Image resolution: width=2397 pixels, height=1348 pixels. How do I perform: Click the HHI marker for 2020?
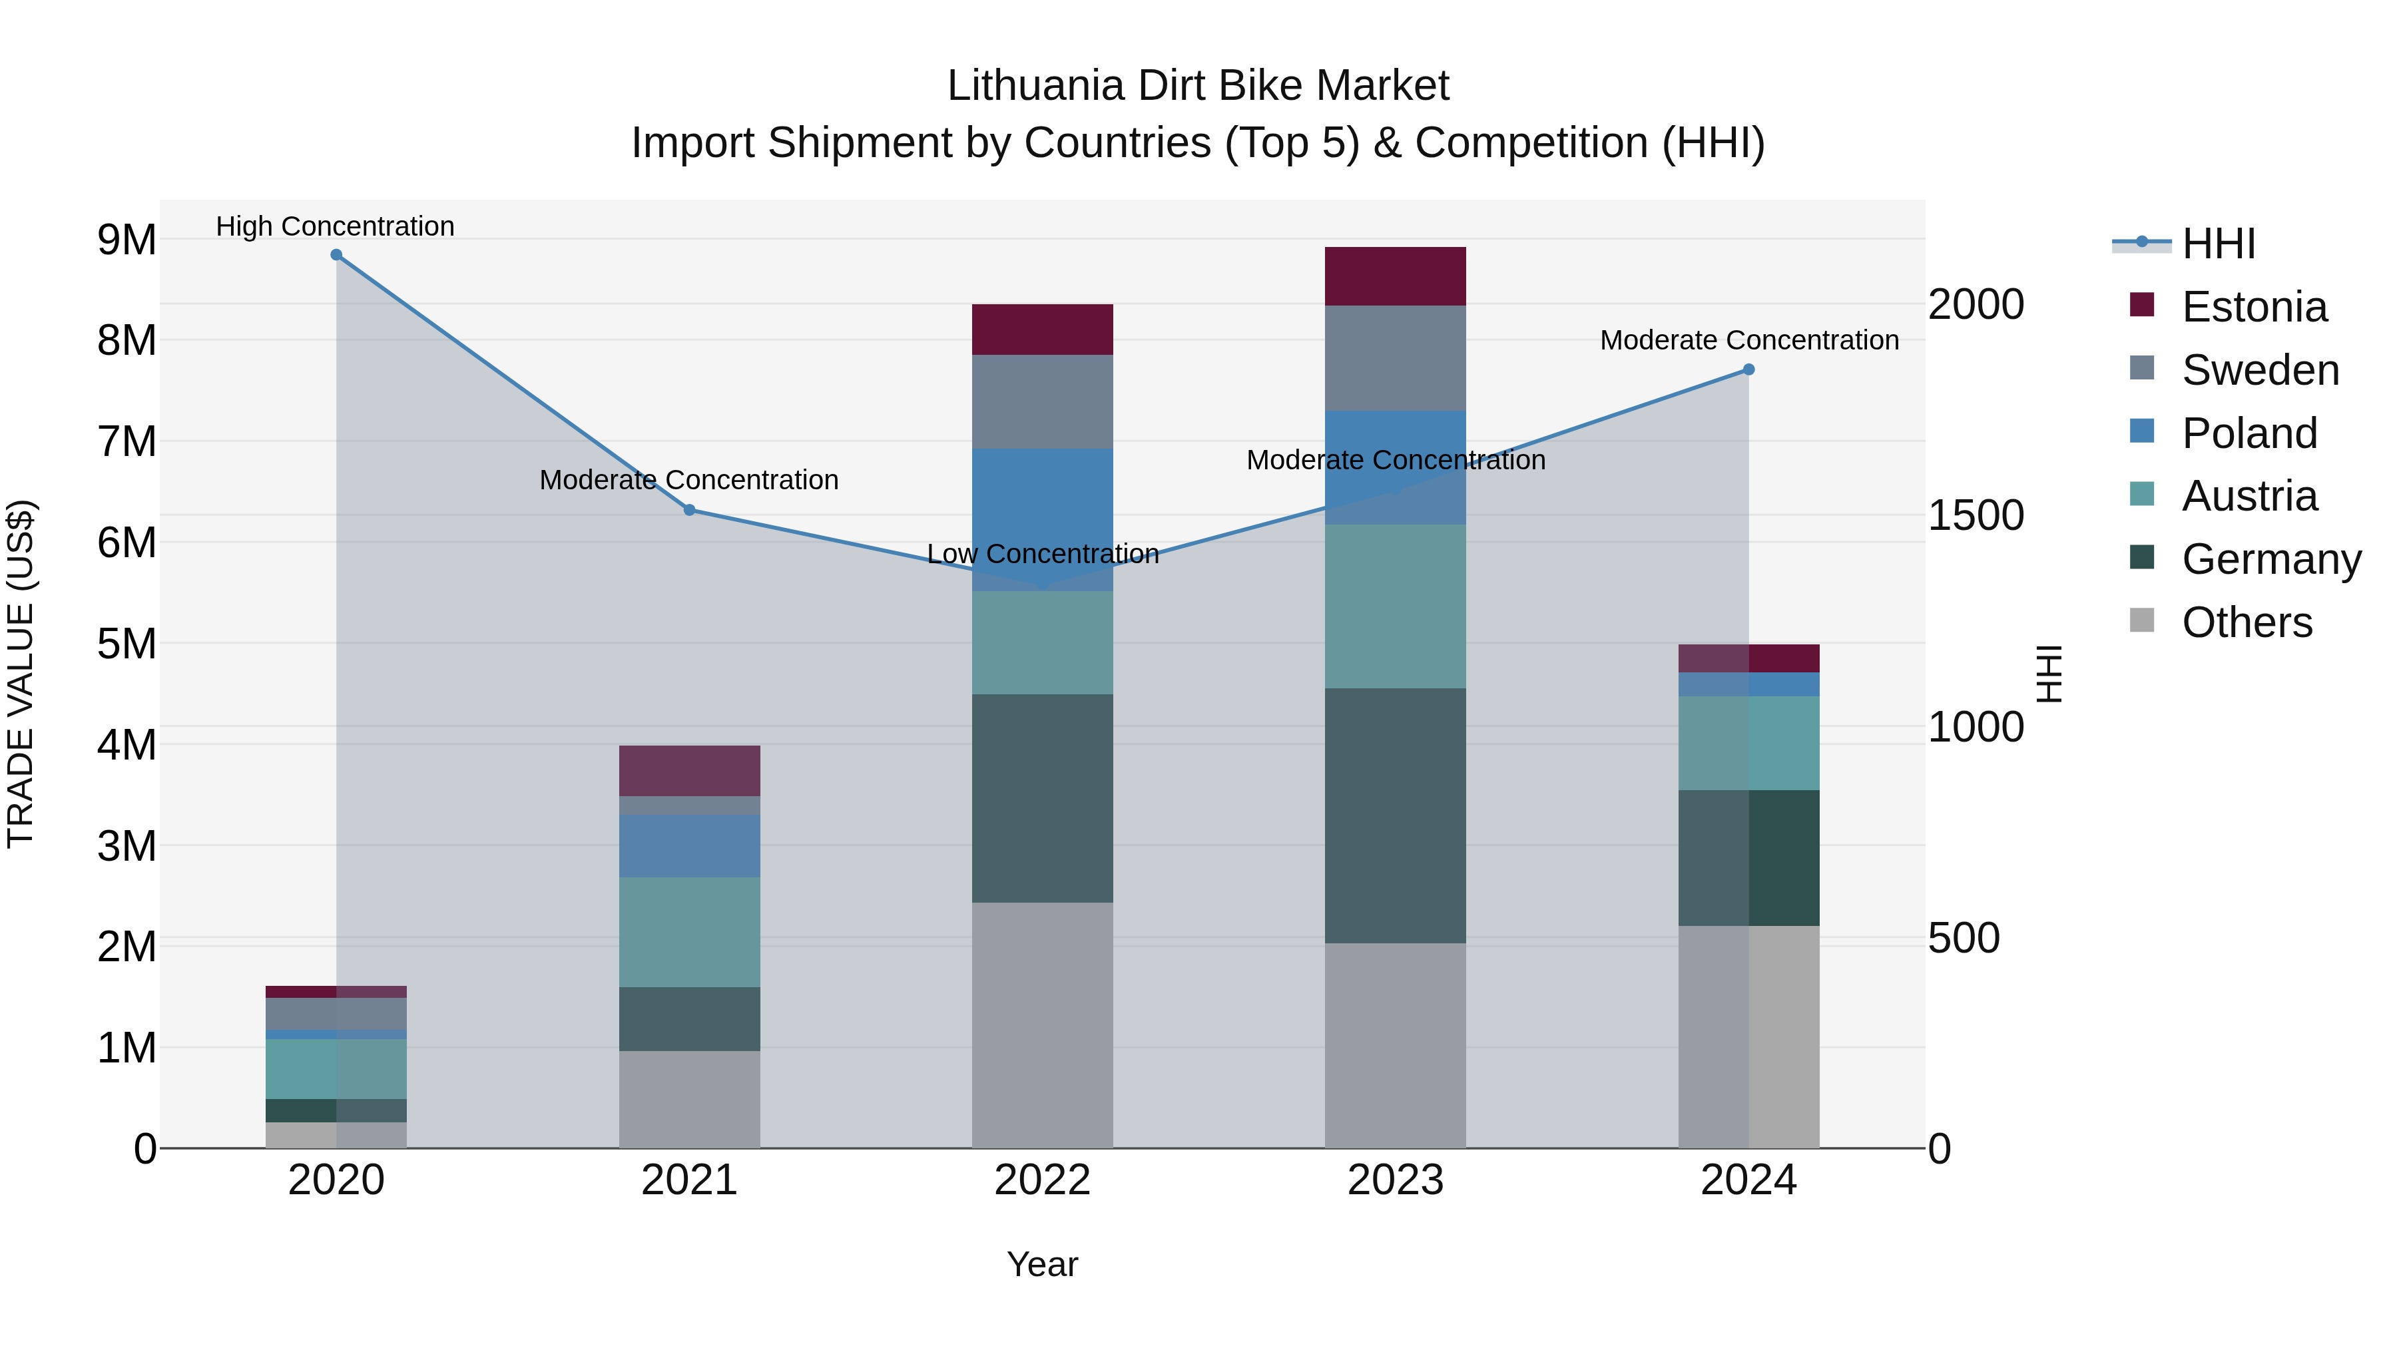[336, 255]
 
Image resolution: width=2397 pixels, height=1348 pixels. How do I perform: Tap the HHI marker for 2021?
[690, 510]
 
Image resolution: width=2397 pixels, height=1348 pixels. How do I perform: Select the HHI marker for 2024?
[1748, 369]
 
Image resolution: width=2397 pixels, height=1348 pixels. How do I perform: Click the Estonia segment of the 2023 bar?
[1395, 276]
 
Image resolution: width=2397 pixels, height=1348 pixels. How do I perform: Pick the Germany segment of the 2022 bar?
[1042, 798]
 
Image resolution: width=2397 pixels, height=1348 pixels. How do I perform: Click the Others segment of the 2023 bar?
[1395, 1046]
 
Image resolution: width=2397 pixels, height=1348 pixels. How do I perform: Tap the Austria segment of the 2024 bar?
[1748, 744]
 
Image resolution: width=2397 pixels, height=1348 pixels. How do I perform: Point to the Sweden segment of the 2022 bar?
[1042, 402]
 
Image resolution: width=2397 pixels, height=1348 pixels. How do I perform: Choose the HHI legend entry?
[2217, 244]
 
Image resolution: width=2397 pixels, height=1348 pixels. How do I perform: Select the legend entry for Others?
[2247, 622]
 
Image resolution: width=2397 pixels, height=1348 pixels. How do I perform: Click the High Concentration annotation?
[335, 226]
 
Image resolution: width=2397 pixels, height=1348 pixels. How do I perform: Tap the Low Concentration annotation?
[1042, 555]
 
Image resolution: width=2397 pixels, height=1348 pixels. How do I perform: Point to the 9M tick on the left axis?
[127, 240]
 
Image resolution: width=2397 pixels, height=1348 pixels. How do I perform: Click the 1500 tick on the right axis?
[1976, 515]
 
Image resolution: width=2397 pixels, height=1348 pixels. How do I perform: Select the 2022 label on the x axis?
[1042, 1180]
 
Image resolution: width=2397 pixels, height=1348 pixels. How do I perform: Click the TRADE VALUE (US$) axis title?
[21, 674]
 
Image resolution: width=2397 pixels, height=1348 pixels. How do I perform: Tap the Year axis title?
[1042, 1264]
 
